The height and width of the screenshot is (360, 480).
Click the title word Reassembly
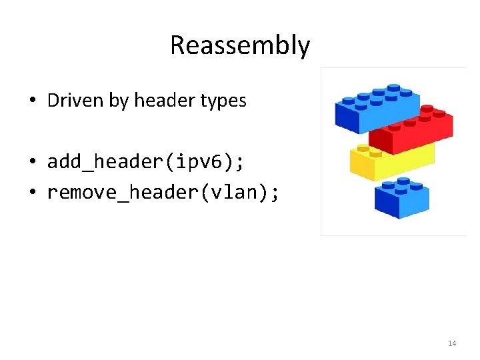click(240, 45)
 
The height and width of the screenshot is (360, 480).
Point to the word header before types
click(164, 101)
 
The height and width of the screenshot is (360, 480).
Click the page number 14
click(452, 343)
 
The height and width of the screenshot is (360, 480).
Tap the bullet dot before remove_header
click(33, 193)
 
